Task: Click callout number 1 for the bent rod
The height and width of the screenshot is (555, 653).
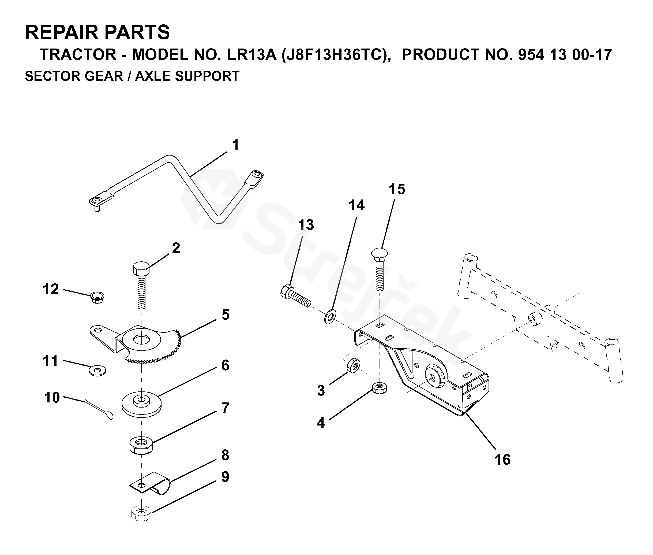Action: (x=235, y=145)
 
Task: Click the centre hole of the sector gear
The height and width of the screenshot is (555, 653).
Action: (x=141, y=340)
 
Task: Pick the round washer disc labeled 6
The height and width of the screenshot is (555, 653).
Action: (x=141, y=404)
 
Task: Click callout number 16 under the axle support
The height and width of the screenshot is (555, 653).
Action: (x=502, y=460)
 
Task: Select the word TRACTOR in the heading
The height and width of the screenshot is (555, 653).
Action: (x=78, y=55)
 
